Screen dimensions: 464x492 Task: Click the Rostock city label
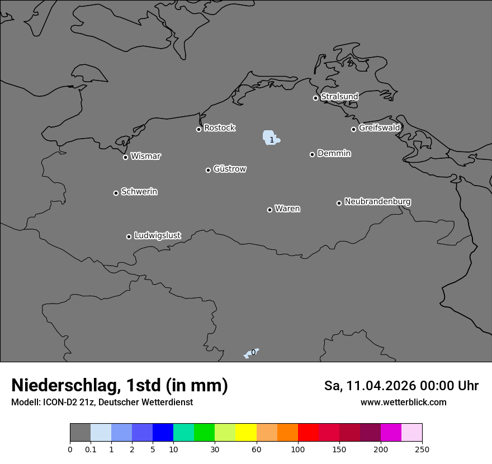click(219, 128)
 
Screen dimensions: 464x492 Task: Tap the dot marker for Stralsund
click(315, 98)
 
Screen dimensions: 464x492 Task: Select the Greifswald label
click(379, 128)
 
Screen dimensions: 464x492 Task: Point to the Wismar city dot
click(125, 157)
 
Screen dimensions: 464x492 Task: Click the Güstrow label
click(230, 169)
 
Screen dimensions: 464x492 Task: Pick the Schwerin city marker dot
click(116, 193)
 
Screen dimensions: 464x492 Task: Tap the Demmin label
click(334, 153)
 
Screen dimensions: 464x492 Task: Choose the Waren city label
click(287, 209)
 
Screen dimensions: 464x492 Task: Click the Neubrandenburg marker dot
click(339, 203)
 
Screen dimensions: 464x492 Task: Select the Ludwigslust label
click(157, 236)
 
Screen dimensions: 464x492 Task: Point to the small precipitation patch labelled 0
click(250, 353)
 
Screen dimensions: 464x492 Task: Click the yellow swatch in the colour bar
click(246, 433)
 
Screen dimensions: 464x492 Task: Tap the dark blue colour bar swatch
click(163, 433)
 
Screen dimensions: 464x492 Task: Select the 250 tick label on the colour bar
click(422, 449)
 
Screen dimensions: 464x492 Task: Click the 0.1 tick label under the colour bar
click(90, 449)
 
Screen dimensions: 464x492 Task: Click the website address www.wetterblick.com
click(403, 403)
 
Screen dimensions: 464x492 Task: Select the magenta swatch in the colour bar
click(391, 433)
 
